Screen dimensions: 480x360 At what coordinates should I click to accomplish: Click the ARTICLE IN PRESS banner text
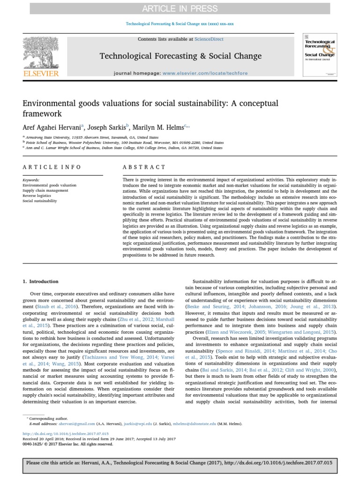tap(180, 8)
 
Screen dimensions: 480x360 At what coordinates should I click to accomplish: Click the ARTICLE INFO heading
tap(52, 167)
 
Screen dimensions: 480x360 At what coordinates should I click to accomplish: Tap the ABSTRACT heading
tap(144, 167)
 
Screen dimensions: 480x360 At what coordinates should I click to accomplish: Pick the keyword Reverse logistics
tap(39, 195)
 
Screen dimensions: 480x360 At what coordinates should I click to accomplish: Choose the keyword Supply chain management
tap(45, 190)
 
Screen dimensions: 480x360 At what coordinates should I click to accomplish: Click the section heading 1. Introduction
tap(41, 282)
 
